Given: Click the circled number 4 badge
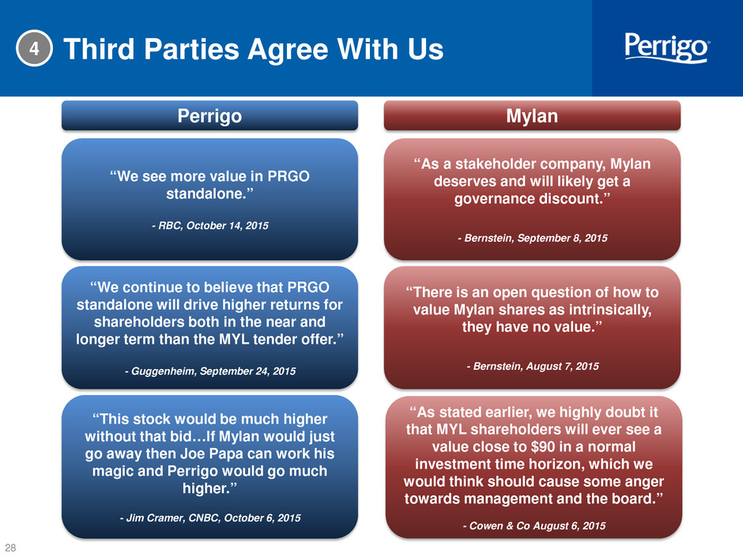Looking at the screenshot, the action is (x=34, y=48).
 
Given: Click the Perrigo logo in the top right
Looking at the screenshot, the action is (x=666, y=47).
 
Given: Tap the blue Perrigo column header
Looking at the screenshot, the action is (x=209, y=115).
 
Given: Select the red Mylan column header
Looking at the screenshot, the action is (x=532, y=115).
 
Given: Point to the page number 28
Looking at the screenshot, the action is (x=10, y=548).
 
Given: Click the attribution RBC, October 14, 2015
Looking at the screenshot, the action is (x=210, y=225).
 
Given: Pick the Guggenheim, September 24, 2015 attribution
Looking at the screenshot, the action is (x=210, y=371).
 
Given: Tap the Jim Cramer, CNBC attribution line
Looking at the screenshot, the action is (x=210, y=517).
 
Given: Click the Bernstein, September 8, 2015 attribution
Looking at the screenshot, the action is (x=532, y=238).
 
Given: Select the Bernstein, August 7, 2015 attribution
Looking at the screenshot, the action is (x=532, y=366).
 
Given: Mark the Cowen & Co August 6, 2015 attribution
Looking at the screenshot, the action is (x=534, y=525).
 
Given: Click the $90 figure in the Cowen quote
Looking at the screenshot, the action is (x=518, y=446).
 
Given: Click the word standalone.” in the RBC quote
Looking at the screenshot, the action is (x=210, y=194).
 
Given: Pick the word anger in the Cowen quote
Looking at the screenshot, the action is (x=643, y=482).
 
